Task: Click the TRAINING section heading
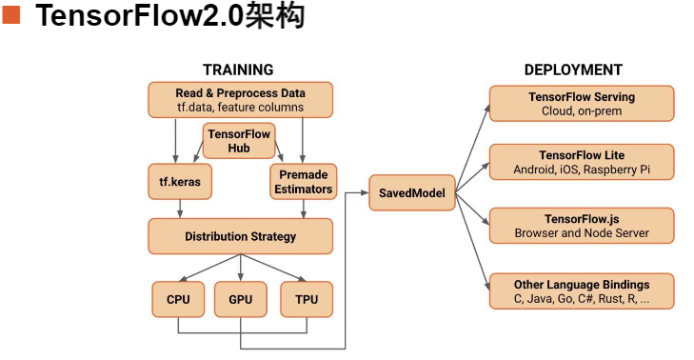point(238,70)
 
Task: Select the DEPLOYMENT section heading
point(573,70)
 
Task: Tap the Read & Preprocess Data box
point(240,100)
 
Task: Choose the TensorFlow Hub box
point(239,141)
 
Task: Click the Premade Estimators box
point(302,181)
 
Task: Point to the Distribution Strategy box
point(240,236)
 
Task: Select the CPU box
point(178,299)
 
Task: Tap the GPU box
point(240,299)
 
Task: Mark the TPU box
point(306,299)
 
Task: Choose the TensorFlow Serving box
point(582,104)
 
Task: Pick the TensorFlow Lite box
point(582,162)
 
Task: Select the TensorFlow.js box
point(582,226)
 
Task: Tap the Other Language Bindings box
point(582,291)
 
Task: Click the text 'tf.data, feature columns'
point(240,108)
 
